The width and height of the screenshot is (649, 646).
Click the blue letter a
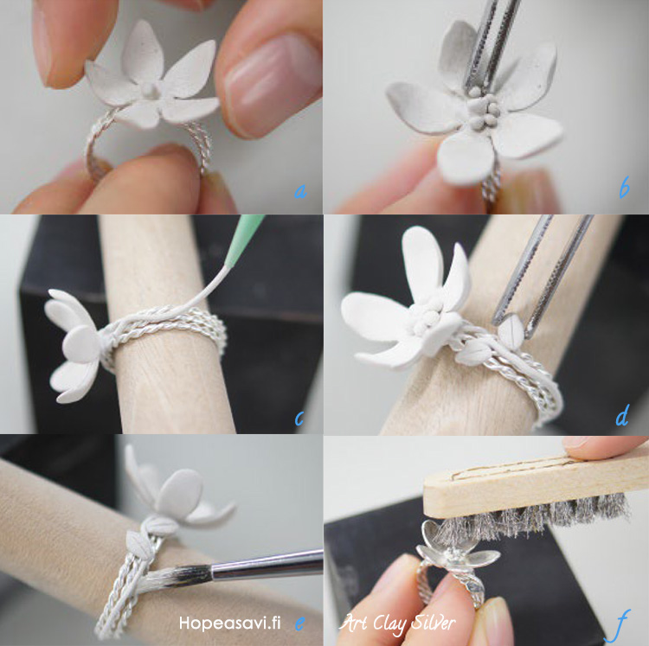tap(300, 191)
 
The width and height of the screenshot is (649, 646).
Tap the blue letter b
tap(624, 188)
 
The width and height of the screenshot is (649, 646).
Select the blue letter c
tap(299, 419)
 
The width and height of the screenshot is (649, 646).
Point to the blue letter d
tap(622, 416)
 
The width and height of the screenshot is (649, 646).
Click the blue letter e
tap(300, 623)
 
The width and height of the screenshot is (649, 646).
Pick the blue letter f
tap(620, 625)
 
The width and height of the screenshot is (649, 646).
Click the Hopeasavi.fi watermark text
tap(229, 623)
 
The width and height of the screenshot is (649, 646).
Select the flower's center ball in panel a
tap(148, 89)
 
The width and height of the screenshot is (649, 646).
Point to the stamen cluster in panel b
tap(482, 110)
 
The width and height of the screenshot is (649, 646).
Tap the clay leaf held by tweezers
tap(511, 330)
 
